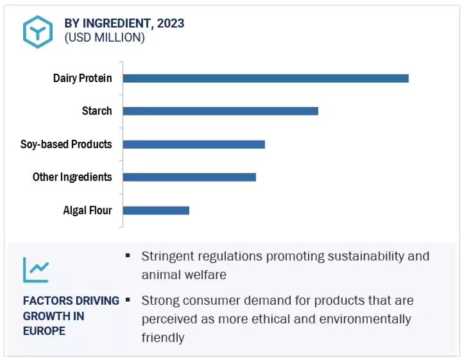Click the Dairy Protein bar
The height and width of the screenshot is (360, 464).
pyautogui.click(x=266, y=78)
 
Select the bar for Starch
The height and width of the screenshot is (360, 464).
pyautogui.click(x=220, y=111)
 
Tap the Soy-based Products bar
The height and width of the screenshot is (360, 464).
pyautogui.click(x=194, y=144)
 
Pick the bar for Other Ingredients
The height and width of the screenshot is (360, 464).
pyautogui.click(x=189, y=177)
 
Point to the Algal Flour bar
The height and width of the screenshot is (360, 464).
pyautogui.click(x=156, y=210)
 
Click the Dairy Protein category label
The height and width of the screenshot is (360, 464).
pyautogui.click(x=82, y=78)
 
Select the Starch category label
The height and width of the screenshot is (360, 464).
pyautogui.click(x=97, y=111)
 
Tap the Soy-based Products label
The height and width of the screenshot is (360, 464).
pyautogui.click(x=66, y=144)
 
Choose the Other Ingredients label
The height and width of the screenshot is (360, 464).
pyautogui.click(x=72, y=177)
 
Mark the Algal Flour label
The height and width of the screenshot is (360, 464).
pyautogui.click(x=87, y=210)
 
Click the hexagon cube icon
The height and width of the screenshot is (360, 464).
pyautogui.click(x=38, y=31)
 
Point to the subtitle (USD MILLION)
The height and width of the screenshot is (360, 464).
pyautogui.click(x=105, y=38)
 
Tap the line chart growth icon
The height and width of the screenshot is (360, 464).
pyautogui.click(x=36, y=270)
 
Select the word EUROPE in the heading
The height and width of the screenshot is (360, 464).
pyautogui.click(x=44, y=331)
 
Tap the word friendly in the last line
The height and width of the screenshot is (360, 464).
pyautogui.click(x=162, y=338)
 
